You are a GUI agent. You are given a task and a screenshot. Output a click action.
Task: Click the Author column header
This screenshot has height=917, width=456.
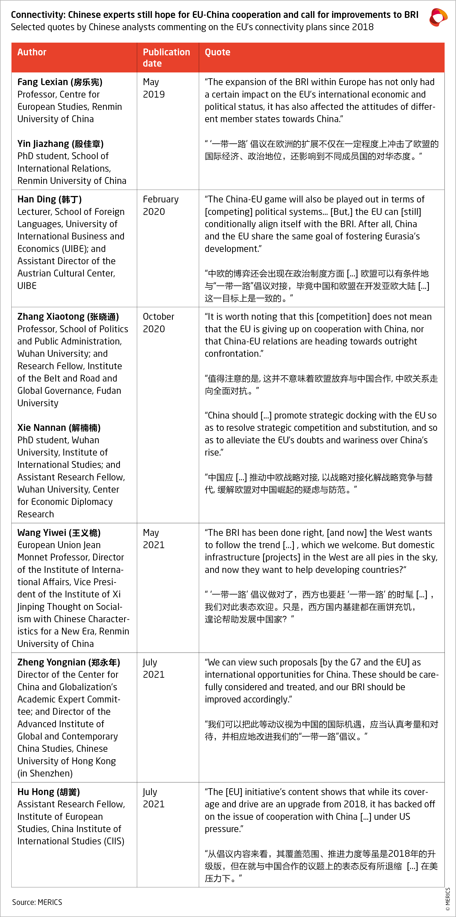point(32,52)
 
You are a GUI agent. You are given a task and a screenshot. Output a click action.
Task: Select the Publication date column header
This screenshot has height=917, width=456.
point(166,58)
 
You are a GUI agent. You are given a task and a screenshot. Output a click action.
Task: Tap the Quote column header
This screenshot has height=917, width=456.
point(217,52)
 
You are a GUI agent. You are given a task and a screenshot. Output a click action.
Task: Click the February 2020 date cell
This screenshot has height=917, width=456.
point(161,205)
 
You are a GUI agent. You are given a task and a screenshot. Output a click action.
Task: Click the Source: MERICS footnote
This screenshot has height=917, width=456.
point(37,902)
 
